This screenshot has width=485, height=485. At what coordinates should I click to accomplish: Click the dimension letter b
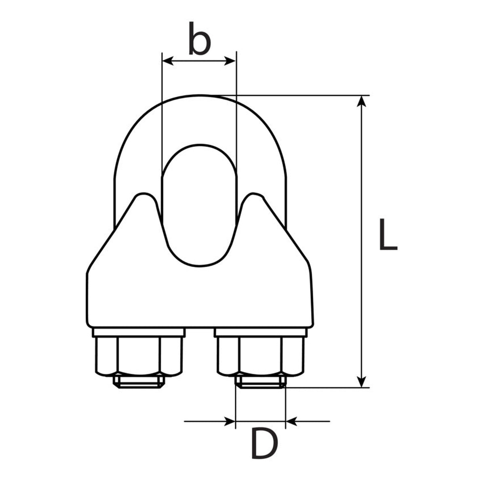200,38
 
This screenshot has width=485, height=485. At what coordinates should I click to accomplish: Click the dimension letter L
388,234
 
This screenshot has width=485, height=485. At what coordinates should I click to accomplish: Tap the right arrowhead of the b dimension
230,61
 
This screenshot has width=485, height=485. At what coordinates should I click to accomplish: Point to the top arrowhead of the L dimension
362,101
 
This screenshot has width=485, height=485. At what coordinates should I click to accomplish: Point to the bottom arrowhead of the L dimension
362,381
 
